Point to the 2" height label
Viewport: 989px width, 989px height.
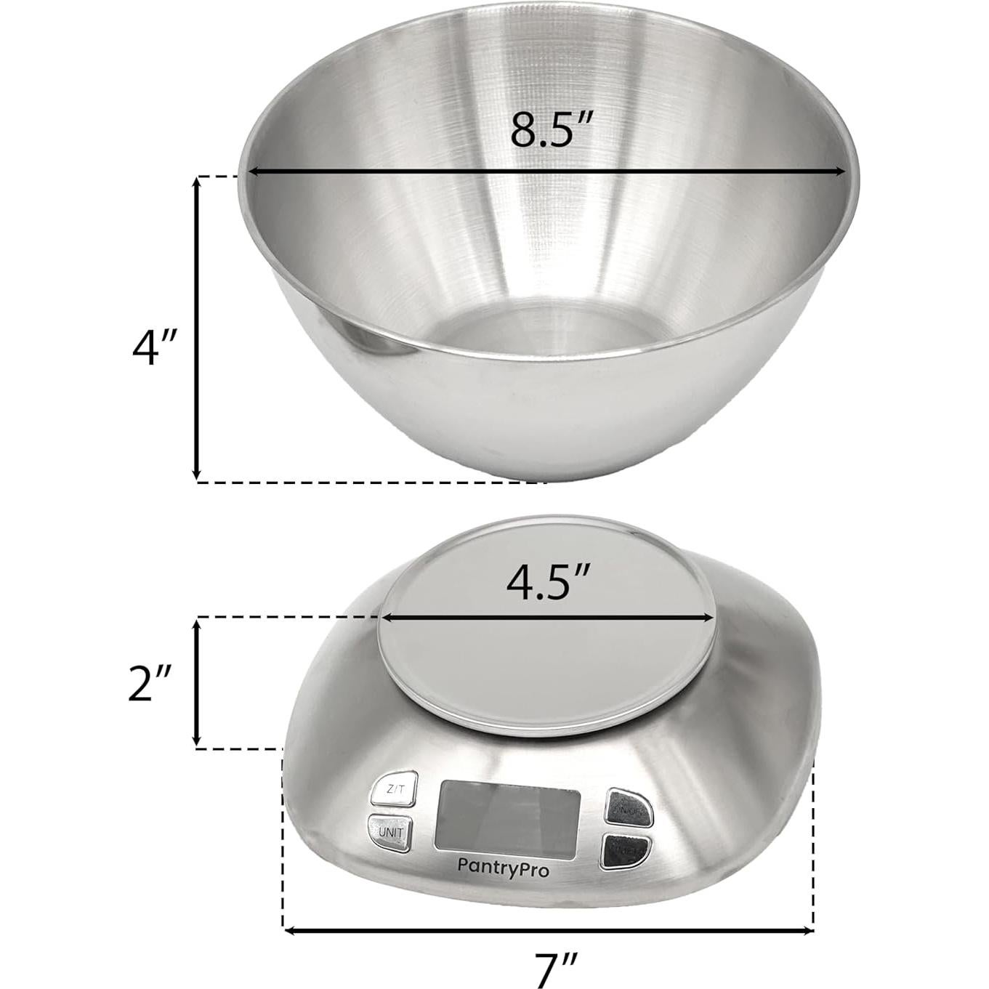(x=149, y=683)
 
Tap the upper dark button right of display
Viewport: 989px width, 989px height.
(x=629, y=807)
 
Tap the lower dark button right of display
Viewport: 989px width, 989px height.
(x=626, y=849)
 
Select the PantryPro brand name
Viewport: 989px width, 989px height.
(x=503, y=866)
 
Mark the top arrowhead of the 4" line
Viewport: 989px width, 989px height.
(x=196, y=182)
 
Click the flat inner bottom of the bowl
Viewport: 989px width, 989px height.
(x=541, y=336)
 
